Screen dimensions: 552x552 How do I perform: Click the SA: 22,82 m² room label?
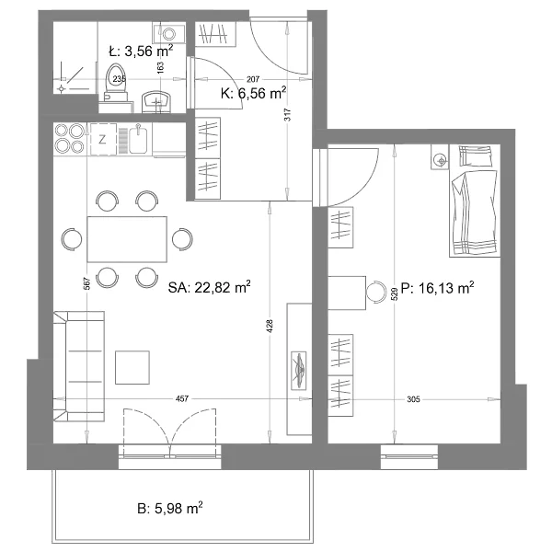click(209, 287)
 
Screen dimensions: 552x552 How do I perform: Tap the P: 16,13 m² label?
click(438, 288)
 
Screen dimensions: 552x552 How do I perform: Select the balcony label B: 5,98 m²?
click(169, 509)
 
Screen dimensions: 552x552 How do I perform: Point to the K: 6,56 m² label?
click(254, 93)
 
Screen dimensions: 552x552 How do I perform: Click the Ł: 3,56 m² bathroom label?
click(141, 52)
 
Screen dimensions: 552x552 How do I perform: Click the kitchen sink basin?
click(138, 139)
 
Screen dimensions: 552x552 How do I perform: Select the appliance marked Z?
click(103, 139)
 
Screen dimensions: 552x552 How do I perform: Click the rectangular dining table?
click(127, 239)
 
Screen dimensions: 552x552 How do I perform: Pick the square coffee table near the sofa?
click(132, 367)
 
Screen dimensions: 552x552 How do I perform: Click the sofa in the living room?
click(79, 366)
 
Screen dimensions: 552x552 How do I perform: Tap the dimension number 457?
click(182, 398)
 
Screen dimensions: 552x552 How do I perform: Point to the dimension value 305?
click(413, 399)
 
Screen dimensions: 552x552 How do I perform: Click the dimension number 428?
click(270, 326)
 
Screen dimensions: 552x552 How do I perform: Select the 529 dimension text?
click(395, 293)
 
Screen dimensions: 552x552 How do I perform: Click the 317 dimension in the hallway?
click(288, 114)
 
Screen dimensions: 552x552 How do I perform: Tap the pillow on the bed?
click(476, 156)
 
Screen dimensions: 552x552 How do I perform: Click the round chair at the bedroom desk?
click(376, 293)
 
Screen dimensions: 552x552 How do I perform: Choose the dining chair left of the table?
click(72, 239)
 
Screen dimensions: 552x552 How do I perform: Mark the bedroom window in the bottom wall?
click(409, 457)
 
